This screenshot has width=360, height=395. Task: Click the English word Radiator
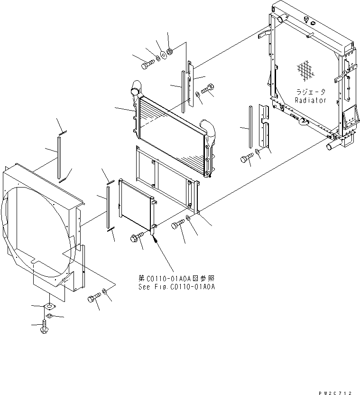pyautogui.click(x=310, y=100)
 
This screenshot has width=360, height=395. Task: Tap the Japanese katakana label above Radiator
pyautogui.click(x=311, y=93)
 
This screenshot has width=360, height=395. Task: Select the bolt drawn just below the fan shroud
pyautogui.click(x=93, y=299)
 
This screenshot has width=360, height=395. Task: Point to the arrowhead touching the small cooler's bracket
pyautogui.click(x=154, y=240)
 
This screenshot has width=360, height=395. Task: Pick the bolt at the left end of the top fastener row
pyautogui.click(x=147, y=64)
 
